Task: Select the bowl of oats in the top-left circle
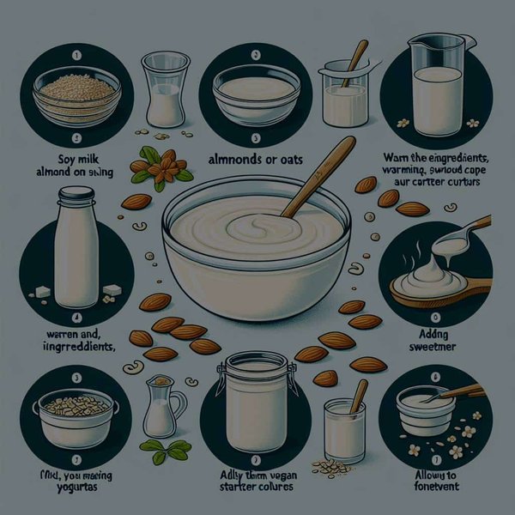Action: pos(75,95)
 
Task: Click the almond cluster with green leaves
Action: pos(161,167)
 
